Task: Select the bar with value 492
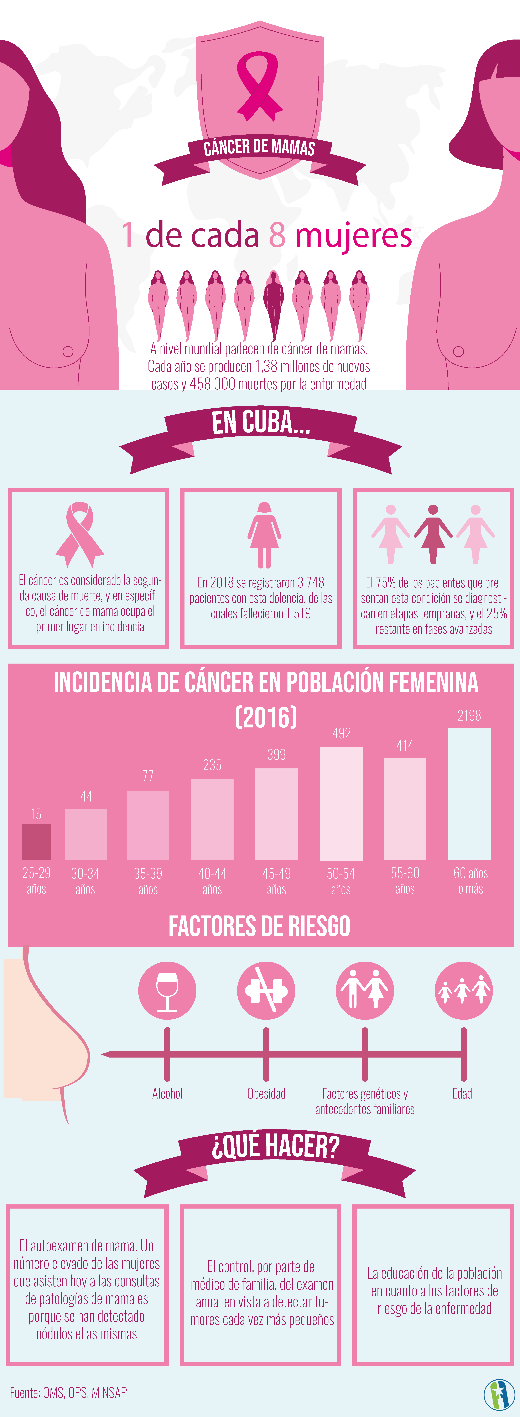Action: [x=341, y=803]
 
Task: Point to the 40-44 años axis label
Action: [x=212, y=881]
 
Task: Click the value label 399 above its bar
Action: [x=276, y=754]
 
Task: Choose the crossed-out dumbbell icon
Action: [x=266, y=990]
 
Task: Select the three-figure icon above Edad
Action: [x=463, y=990]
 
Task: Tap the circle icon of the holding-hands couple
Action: [x=365, y=990]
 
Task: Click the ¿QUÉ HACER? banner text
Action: [x=275, y=1146]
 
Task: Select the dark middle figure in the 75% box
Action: [x=433, y=534]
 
